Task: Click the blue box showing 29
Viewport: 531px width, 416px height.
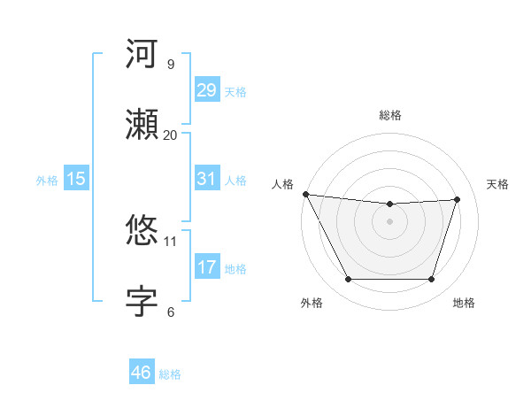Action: pyautogui.click(x=206, y=90)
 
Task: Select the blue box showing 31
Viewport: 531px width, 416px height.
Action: pyautogui.click(x=206, y=179)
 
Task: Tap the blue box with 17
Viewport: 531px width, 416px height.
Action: pyautogui.click(x=206, y=267)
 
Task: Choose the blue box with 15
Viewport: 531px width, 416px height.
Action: pyautogui.click(x=76, y=179)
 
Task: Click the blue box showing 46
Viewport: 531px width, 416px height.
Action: pyautogui.click(x=141, y=373)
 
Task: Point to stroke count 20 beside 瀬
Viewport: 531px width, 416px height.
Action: pyautogui.click(x=170, y=135)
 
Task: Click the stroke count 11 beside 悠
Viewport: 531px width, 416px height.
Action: pyautogui.click(x=170, y=241)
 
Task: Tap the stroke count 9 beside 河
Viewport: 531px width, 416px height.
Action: pyautogui.click(x=170, y=64)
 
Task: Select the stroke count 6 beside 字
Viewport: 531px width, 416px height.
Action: pyautogui.click(x=170, y=312)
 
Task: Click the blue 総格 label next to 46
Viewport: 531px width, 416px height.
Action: pyautogui.click(x=170, y=374)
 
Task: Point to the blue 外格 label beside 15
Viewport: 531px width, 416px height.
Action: pyautogui.click(x=47, y=180)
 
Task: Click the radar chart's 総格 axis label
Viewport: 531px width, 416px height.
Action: pyautogui.click(x=389, y=115)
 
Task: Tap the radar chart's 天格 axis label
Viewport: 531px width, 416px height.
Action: pyautogui.click(x=498, y=184)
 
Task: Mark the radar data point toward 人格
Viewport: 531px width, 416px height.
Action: pyautogui.click(x=305, y=194)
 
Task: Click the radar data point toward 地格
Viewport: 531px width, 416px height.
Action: pyautogui.click(x=432, y=280)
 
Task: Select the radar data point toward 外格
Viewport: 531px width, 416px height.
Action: pyautogui.click(x=348, y=280)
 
